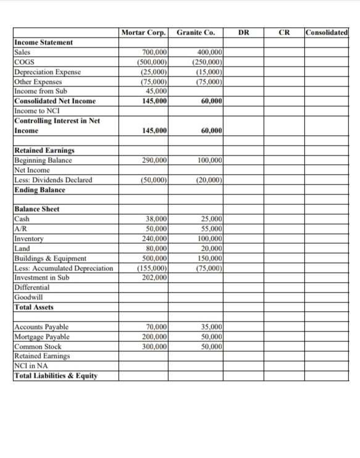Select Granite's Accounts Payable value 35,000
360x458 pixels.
pos(211,327)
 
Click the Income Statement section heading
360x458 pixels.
pos(43,42)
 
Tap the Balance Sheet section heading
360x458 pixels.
pos(36,209)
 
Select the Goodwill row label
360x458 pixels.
pos(28,297)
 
